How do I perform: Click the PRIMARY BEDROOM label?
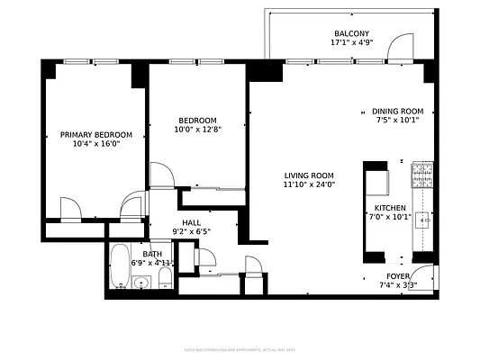[x=95, y=135]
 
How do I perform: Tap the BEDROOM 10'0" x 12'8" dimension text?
[x=197, y=130]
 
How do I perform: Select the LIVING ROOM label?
[x=309, y=175]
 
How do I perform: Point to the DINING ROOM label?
[x=397, y=112]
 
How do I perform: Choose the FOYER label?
[x=398, y=276]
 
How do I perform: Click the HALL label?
[x=191, y=223]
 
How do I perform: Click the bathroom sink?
[x=140, y=284]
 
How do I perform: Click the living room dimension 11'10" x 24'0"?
[x=309, y=185]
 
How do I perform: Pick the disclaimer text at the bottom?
[x=240, y=347]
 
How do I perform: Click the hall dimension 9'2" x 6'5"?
[x=191, y=232]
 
